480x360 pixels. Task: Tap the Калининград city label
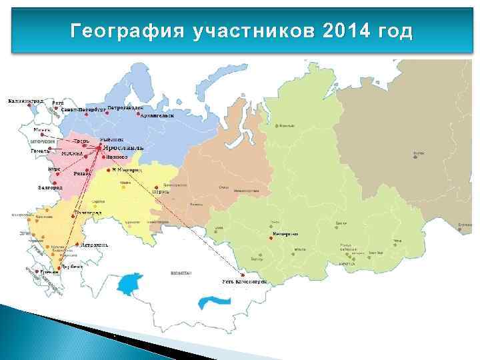point(25,101)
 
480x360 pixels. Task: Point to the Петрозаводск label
point(125,107)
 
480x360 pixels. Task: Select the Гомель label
point(41,151)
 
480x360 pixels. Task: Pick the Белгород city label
point(50,188)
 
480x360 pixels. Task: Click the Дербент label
point(71,265)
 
